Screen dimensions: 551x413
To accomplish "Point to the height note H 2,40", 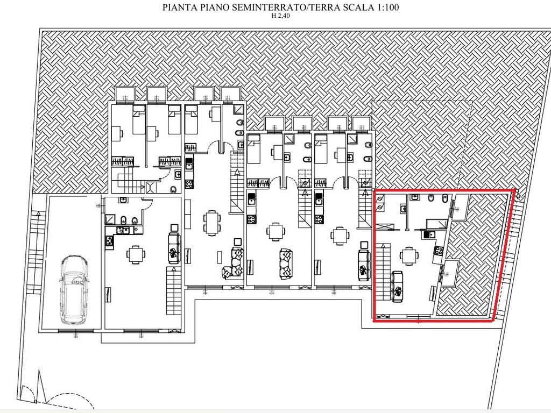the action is pos(281,16).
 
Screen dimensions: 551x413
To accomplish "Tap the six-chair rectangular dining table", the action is pos(211,220).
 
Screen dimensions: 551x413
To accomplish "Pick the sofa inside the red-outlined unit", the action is pos(398,287).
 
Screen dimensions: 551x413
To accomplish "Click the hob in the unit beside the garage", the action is pos(109,240).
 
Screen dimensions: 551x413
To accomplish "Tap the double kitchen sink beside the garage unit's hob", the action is pos(124,230).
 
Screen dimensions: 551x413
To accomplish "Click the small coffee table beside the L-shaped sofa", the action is pos(237,241).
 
